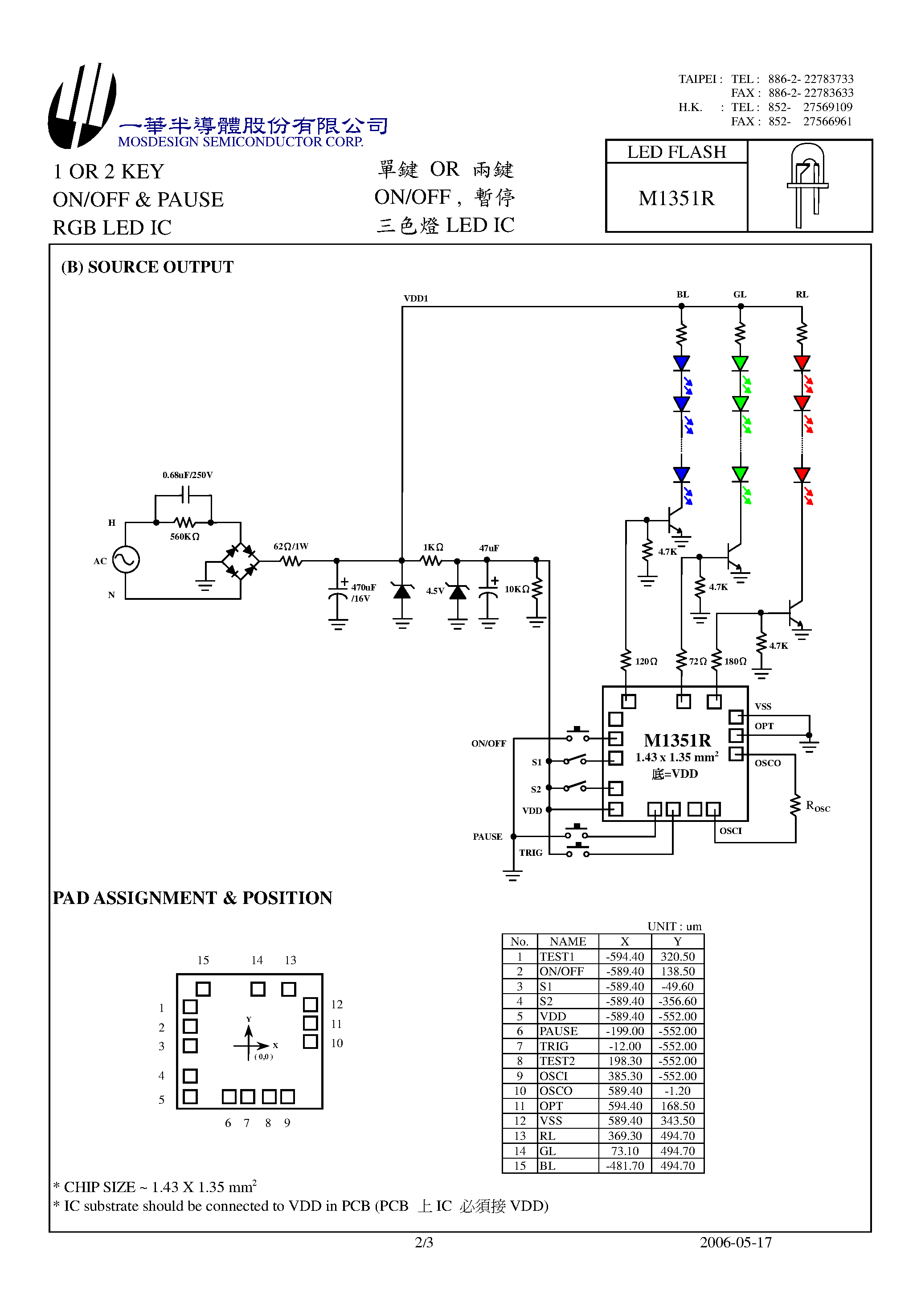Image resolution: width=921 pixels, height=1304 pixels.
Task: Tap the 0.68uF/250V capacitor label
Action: click(x=187, y=475)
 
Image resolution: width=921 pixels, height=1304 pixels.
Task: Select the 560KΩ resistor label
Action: click(x=184, y=536)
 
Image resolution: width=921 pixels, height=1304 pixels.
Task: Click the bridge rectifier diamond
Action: click(x=240, y=561)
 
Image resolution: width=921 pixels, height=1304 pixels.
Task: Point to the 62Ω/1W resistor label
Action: click(x=291, y=546)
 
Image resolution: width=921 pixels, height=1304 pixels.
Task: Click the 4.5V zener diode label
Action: click(x=435, y=590)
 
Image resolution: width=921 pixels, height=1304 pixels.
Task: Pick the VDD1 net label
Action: click(x=415, y=298)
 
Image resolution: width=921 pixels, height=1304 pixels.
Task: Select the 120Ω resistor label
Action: click(x=646, y=661)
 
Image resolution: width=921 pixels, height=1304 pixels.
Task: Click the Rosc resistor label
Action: click(x=818, y=806)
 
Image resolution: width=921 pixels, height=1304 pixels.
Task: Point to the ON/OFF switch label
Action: click(x=488, y=743)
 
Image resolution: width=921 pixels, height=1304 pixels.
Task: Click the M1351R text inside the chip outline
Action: click(x=677, y=741)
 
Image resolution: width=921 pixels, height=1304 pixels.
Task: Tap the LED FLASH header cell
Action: click(x=676, y=152)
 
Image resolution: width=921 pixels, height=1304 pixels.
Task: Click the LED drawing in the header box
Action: click(x=807, y=185)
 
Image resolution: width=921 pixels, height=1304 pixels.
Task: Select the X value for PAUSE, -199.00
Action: click(x=625, y=1031)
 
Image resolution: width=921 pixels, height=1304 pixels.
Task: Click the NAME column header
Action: click(x=568, y=941)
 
